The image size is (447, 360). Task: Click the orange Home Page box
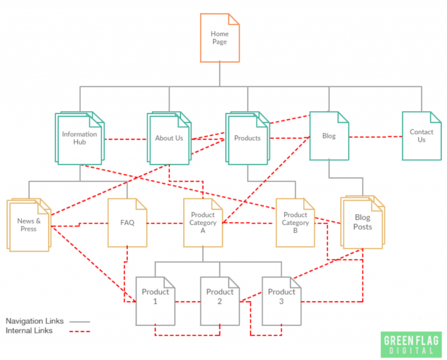click(x=219, y=38)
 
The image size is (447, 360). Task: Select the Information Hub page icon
click(x=80, y=138)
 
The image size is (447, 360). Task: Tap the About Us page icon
click(x=169, y=138)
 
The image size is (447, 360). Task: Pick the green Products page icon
click(x=247, y=138)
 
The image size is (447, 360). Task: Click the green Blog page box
click(x=329, y=136)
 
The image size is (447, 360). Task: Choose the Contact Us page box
click(x=421, y=136)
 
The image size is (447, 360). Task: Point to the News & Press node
click(x=28, y=225)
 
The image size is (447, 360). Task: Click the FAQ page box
click(x=127, y=223)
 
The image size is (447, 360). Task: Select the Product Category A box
click(x=203, y=223)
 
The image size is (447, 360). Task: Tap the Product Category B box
click(x=295, y=223)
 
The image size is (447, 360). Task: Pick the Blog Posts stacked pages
click(x=362, y=223)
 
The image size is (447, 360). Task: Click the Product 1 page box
click(x=155, y=300)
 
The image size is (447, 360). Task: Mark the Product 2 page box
click(x=220, y=300)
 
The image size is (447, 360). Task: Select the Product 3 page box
click(x=282, y=300)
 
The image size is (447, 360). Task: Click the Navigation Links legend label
click(x=34, y=320)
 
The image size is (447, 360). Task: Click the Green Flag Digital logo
click(x=411, y=344)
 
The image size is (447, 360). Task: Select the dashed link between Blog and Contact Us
click(x=375, y=137)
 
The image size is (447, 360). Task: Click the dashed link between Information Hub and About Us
click(x=126, y=139)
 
